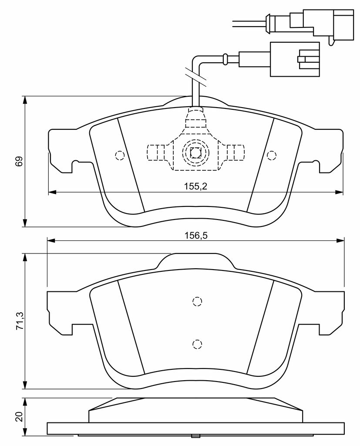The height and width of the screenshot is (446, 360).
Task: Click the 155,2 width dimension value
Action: [195, 186]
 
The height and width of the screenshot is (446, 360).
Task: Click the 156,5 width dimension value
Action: [196, 236]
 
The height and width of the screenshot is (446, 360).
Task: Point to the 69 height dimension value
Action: [19, 161]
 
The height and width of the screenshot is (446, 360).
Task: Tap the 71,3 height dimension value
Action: [20, 321]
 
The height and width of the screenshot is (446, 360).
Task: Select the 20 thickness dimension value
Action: [19, 417]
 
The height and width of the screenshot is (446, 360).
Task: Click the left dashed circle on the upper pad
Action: [120, 155]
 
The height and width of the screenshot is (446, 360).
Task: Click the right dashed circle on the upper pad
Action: [272, 155]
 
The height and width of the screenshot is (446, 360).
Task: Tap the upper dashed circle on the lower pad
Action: [197, 301]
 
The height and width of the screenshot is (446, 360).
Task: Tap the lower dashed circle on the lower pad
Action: [197, 345]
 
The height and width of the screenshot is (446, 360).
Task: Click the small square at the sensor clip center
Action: [195, 153]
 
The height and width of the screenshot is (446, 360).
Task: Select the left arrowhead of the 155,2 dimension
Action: [53, 192]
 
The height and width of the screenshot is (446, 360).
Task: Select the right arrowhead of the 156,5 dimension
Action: [340, 241]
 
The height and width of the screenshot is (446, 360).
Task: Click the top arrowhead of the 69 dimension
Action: [25, 100]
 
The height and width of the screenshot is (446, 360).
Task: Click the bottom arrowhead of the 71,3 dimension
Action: [25, 385]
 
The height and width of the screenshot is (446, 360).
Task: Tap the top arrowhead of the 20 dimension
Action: [25, 402]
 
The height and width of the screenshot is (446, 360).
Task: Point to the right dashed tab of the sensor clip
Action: [235, 153]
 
